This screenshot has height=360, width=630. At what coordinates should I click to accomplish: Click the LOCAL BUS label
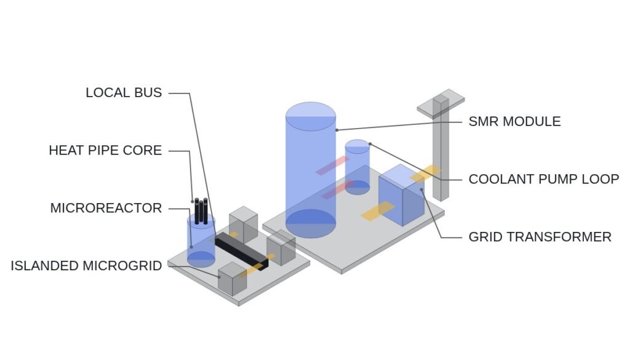point(124,93)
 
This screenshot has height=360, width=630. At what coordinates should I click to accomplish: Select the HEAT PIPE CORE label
point(105,150)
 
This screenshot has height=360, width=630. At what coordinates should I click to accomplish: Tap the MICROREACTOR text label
point(106,208)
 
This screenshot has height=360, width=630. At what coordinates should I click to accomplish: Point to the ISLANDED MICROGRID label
point(86,266)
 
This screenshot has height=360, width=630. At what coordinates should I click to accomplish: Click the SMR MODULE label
point(515,121)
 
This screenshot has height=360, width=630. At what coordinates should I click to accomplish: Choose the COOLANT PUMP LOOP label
point(544,179)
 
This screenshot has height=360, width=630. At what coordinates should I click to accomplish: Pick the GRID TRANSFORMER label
point(540,237)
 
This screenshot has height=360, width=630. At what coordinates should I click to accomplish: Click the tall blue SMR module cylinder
point(311,170)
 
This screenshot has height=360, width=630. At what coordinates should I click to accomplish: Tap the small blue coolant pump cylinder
point(357,167)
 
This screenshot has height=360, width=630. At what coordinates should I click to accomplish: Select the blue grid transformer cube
point(401,195)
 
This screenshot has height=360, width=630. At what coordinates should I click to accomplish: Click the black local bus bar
point(241,254)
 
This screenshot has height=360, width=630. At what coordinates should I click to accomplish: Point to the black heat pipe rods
point(201,211)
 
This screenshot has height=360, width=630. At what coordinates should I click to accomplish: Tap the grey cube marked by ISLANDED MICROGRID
point(232,279)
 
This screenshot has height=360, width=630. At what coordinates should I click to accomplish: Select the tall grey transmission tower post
point(441,149)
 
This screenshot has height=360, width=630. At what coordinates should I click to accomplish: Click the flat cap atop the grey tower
point(441,103)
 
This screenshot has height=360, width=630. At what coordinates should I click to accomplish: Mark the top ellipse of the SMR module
point(311,116)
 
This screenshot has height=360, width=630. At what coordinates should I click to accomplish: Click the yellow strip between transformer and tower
point(426,173)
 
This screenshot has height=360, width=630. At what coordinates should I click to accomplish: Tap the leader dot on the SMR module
point(337,130)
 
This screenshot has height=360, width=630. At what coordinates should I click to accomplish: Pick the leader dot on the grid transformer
point(421,190)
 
